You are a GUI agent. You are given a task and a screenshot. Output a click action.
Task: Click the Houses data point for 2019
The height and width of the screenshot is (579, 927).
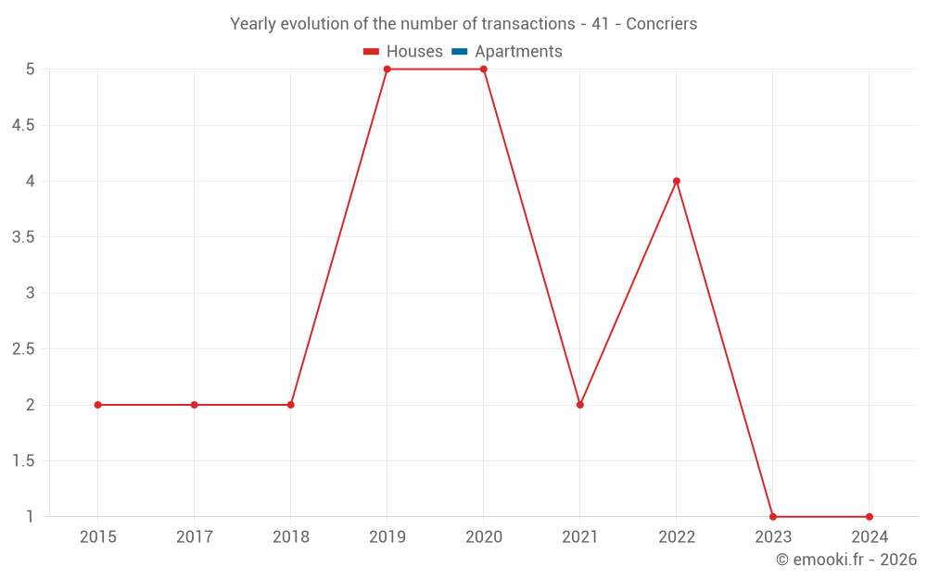coord(387,69)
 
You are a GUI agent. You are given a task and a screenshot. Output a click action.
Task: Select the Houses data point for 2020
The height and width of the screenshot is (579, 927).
coord(484,69)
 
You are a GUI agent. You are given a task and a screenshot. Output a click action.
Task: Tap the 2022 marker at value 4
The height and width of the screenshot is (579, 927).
coord(677,182)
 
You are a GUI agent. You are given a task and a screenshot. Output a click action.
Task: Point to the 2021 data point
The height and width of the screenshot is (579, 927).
coord(580,405)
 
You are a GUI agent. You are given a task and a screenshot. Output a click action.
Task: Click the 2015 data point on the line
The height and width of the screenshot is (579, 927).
coord(98,405)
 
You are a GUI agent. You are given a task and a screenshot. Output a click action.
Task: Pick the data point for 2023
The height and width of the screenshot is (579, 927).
coord(773,517)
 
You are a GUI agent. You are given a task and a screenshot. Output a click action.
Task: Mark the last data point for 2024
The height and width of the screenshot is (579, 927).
coord(870,517)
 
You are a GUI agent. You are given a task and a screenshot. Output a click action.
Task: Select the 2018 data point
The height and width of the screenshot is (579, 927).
coord(291,405)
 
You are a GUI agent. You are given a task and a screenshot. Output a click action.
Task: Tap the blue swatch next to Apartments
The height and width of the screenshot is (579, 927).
coord(459,52)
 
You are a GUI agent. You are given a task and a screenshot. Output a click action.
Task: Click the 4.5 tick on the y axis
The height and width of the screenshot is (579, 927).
coord(23,125)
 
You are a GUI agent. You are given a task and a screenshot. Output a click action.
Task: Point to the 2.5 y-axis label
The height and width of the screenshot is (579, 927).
coord(23,349)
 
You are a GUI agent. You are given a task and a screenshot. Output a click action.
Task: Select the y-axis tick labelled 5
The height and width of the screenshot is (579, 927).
coord(31,69)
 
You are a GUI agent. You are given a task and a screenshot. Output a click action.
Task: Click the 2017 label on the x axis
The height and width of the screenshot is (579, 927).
coord(195,536)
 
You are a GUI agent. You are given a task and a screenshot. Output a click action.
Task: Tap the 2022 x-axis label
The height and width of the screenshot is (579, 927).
coord(677,536)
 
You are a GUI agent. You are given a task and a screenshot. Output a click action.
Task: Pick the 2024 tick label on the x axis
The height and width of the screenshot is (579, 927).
coord(870,536)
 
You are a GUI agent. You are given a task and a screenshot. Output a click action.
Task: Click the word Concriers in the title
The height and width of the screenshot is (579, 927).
coord(662,24)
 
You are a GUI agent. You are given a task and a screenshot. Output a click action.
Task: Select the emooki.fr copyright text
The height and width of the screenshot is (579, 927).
coord(846,560)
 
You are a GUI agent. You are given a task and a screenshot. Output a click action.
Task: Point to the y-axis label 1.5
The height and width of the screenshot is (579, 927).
coord(23,461)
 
